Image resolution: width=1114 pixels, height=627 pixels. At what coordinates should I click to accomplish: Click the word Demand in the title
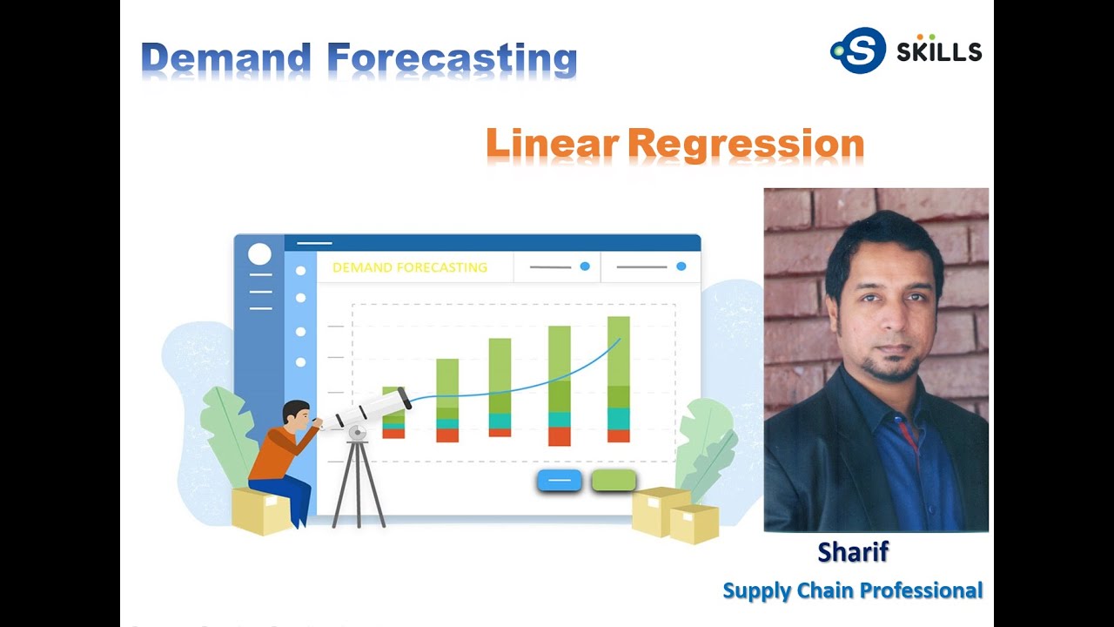tap(226, 59)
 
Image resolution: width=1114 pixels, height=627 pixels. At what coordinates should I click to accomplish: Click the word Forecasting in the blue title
tap(453, 59)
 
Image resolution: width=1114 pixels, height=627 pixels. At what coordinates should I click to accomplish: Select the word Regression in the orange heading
tap(746, 144)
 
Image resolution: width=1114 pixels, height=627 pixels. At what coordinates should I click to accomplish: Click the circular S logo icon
tap(858, 51)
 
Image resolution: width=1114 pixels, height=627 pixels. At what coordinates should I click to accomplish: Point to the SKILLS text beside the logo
tap(939, 52)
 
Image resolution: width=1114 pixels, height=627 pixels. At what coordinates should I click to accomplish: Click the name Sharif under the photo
tap(853, 551)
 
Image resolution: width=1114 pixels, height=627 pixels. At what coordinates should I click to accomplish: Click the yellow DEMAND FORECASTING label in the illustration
tap(409, 267)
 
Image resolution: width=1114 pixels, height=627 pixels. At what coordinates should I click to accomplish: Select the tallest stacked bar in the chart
tap(619, 379)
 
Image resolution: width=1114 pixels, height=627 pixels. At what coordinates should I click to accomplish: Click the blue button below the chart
tap(559, 480)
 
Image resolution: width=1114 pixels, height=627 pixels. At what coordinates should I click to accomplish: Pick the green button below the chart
tap(614, 480)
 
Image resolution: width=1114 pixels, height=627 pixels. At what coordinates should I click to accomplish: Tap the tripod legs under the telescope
tap(358, 483)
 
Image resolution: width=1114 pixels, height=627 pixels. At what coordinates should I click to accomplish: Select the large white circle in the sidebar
tap(259, 254)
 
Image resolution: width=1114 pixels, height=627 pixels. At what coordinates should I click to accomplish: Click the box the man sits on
tap(259, 512)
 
